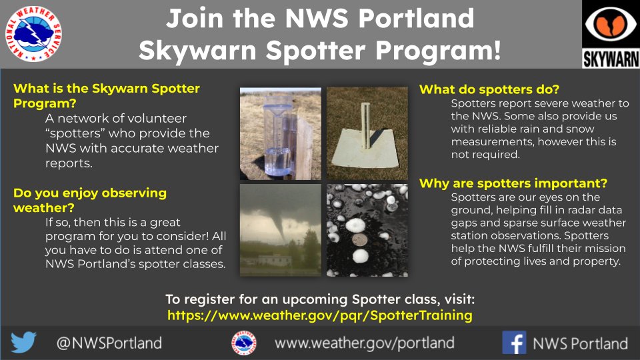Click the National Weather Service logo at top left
[x=34, y=33]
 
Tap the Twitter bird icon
[x=24, y=343]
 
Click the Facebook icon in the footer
[x=514, y=343]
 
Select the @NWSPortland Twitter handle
[x=109, y=343]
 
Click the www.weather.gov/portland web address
[x=364, y=343]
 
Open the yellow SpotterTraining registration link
[x=319, y=315]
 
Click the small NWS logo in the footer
[x=244, y=343]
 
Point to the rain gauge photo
[x=280, y=133]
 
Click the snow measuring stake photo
[x=367, y=133]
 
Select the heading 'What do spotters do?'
[x=489, y=89]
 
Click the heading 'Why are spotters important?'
[x=513, y=183]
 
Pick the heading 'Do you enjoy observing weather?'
[x=90, y=200]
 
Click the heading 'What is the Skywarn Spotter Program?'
[x=107, y=96]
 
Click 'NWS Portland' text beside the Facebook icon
[x=580, y=343]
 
